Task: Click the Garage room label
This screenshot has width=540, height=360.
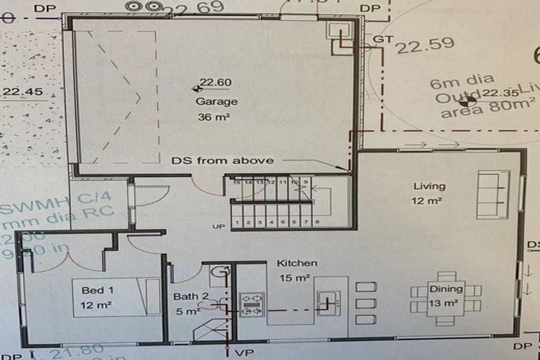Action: click(x=216, y=101)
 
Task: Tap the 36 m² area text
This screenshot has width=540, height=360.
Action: click(x=216, y=117)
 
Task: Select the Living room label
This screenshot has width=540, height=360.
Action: click(x=429, y=186)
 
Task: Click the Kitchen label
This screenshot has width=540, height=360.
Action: click(x=297, y=263)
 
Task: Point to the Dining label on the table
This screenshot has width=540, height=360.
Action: click(x=446, y=289)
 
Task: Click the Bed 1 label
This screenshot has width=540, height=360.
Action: click(x=92, y=290)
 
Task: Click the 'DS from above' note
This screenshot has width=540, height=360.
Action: click(x=222, y=160)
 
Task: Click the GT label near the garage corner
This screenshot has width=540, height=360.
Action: click(x=382, y=38)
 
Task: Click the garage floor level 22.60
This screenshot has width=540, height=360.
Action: click(x=215, y=82)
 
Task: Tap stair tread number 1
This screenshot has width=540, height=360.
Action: click(x=238, y=223)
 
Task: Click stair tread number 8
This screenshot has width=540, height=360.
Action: click(x=317, y=223)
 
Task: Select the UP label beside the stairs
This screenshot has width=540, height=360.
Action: click(x=219, y=226)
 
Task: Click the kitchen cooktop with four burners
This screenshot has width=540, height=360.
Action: click(x=252, y=304)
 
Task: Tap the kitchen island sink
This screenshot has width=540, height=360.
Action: click(x=328, y=303)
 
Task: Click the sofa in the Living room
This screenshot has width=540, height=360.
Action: click(x=493, y=194)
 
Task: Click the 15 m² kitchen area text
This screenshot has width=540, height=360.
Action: click(x=297, y=278)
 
